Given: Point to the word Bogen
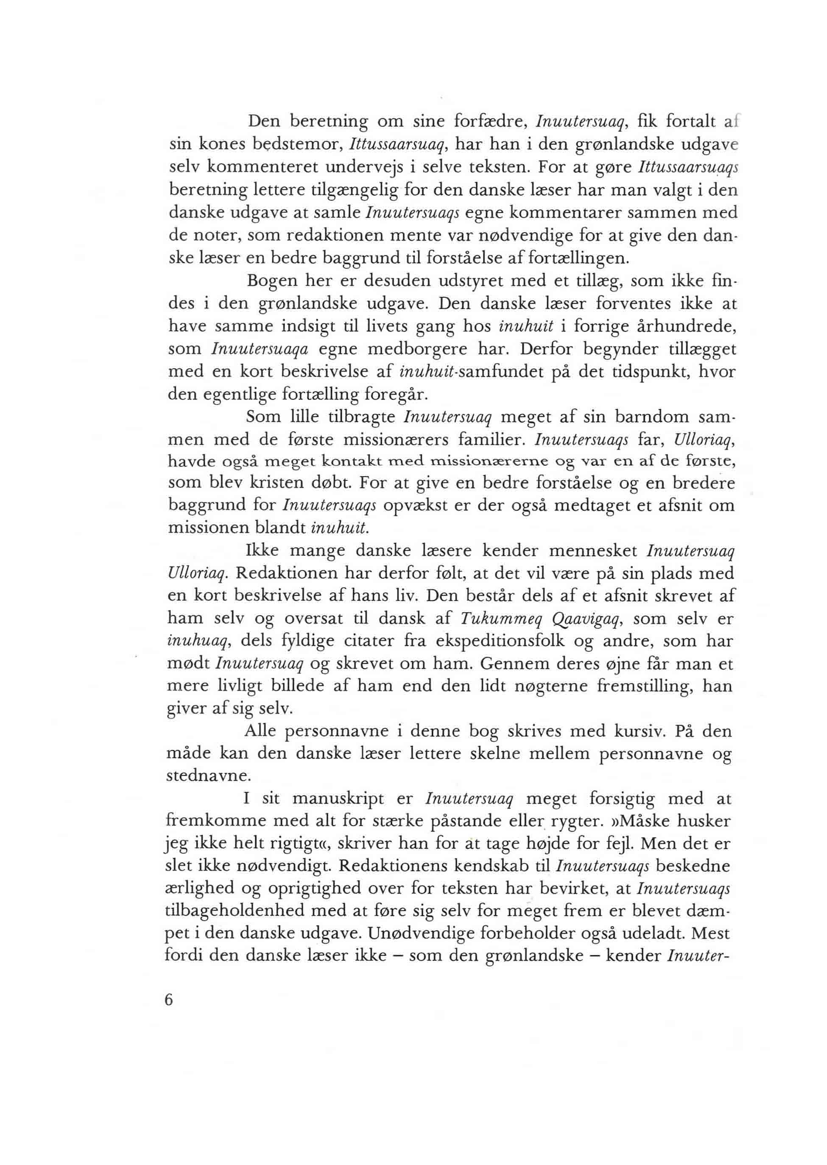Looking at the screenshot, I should coord(271,281).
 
